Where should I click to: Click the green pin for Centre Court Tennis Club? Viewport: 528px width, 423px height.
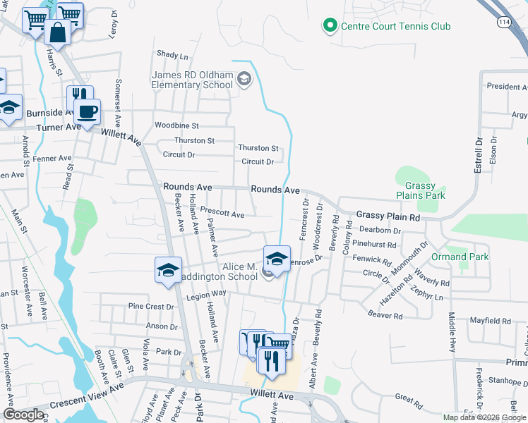tap(329, 27)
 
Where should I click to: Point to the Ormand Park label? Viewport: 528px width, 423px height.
tap(460, 257)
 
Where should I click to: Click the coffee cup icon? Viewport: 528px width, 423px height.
tap(88, 111)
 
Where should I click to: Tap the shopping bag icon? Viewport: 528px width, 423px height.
tap(56, 32)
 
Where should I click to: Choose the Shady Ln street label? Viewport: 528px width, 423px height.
tap(172, 55)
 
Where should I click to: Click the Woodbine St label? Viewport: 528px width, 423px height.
tap(177, 125)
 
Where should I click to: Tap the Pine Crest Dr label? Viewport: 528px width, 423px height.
tap(150, 307)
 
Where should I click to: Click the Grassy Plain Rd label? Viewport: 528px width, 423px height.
tap(388, 216)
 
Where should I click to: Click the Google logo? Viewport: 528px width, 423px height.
tap(23, 415)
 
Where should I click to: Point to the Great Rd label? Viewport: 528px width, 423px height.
tap(409, 399)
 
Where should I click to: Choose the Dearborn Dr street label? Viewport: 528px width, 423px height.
tap(380, 230)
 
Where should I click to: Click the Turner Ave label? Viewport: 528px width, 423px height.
tap(59, 128)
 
